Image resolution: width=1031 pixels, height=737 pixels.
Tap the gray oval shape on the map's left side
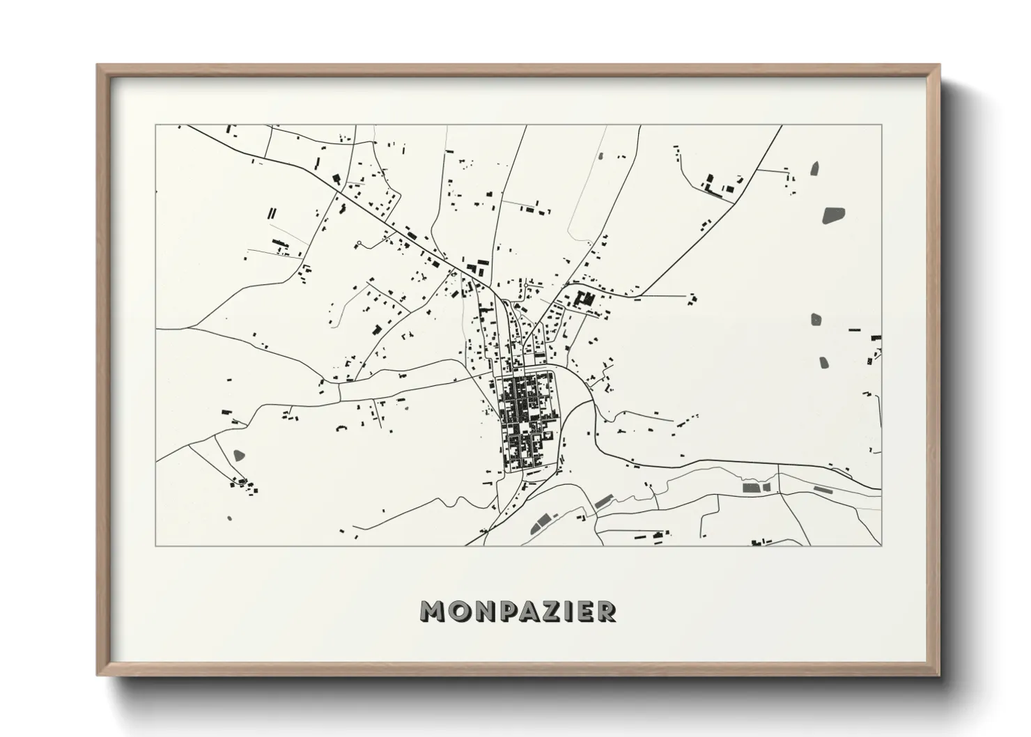(x=239, y=456)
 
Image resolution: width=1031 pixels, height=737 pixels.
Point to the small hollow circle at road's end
(x=358, y=243)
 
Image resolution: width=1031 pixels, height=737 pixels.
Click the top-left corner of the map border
(x=155, y=125)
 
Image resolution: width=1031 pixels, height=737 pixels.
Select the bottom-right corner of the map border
(x=881, y=546)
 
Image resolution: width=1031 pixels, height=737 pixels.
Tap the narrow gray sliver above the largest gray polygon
(x=814, y=169)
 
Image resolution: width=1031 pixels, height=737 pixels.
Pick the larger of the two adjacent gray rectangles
(x=751, y=488)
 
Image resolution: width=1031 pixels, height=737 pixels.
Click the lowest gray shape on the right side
(x=823, y=362)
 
